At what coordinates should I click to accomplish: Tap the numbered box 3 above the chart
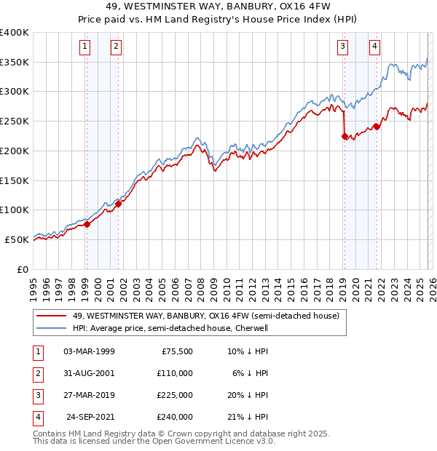(x=342, y=47)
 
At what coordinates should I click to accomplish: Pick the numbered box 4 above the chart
(x=374, y=47)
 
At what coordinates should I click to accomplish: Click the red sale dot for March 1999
(x=87, y=224)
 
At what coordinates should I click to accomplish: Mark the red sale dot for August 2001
(x=119, y=204)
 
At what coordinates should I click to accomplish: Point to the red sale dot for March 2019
(x=345, y=135)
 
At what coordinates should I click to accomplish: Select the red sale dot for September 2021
(x=377, y=127)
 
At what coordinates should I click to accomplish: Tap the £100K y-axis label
(x=15, y=210)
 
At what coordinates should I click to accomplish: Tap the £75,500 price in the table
(x=176, y=351)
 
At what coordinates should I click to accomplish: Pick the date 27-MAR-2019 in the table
(x=89, y=395)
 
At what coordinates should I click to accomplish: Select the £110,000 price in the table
(x=175, y=373)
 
